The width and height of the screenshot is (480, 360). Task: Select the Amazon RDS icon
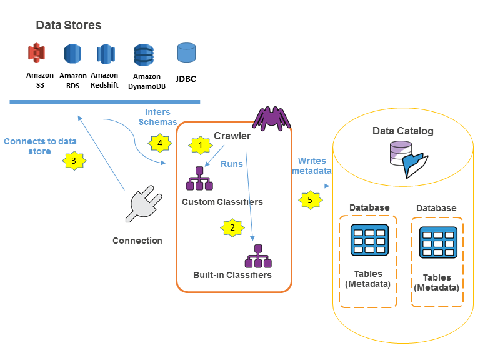73,54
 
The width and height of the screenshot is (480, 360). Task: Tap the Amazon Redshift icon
105,54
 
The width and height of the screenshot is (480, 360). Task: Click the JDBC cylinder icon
186,52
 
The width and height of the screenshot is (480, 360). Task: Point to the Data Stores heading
69,26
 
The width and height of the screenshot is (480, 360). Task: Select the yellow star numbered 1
200,145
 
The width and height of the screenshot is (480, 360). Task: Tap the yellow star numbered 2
232,227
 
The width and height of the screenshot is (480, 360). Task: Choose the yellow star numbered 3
74,161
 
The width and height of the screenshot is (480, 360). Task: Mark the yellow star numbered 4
159,143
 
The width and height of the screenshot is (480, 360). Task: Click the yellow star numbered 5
308,201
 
